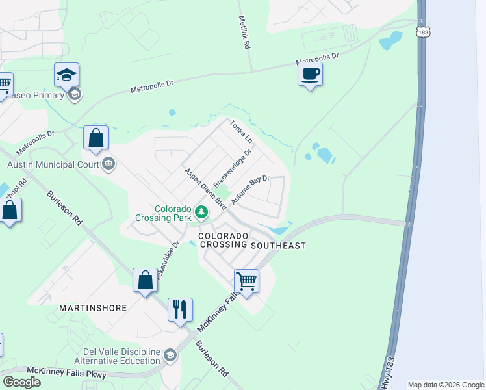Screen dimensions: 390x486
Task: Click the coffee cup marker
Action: [310, 73]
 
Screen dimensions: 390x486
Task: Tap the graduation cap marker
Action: [66, 75]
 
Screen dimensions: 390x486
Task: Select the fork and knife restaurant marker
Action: [180, 309]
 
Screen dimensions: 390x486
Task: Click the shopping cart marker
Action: [246, 281]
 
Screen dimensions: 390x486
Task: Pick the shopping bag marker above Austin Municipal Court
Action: [96, 138]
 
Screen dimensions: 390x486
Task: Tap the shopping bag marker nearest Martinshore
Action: [145, 280]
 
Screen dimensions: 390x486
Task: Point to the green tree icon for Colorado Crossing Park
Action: [202, 211]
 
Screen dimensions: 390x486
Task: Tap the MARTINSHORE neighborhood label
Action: [93, 307]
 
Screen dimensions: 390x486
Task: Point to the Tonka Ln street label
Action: [240, 131]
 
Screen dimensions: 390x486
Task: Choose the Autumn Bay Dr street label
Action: [249, 190]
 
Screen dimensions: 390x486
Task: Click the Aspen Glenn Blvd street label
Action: [205, 188]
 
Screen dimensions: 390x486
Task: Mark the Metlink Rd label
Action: [244, 34]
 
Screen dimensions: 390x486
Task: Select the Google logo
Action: [21, 382]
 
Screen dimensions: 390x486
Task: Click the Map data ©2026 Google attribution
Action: [446, 385]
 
